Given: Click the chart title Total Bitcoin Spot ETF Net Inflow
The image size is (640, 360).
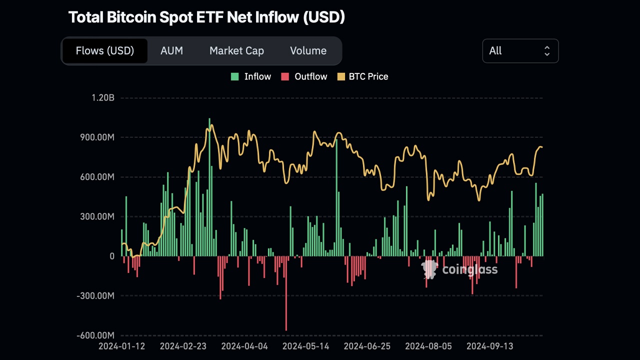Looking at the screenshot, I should [206, 17].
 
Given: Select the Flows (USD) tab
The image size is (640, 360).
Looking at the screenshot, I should [105, 51].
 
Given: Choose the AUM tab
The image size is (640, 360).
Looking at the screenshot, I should [171, 51].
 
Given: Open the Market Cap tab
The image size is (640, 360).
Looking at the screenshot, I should [236, 51].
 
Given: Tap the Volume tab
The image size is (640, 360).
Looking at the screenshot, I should [308, 51].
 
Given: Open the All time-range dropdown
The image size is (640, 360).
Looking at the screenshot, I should [520, 51].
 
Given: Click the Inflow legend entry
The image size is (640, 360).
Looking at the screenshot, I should [251, 76].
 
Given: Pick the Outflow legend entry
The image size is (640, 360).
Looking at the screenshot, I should [304, 76].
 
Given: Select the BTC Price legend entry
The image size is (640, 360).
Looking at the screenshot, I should [363, 76].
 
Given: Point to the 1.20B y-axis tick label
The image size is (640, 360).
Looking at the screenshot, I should [103, 98].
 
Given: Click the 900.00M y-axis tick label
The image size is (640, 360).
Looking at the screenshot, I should [97, 137].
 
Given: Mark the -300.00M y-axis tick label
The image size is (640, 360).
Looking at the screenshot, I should [95, 296].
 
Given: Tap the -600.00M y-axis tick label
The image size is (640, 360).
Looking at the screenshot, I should [95, 335].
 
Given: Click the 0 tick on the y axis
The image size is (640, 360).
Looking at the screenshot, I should [111, 256].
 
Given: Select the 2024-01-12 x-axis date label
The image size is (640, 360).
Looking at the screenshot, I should [122, 346].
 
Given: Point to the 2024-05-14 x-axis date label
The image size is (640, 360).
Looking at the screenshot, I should [306, 346].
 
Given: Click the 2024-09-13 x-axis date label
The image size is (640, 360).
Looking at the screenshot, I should [489, 346].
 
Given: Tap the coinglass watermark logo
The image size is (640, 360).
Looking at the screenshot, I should [460, 269].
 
